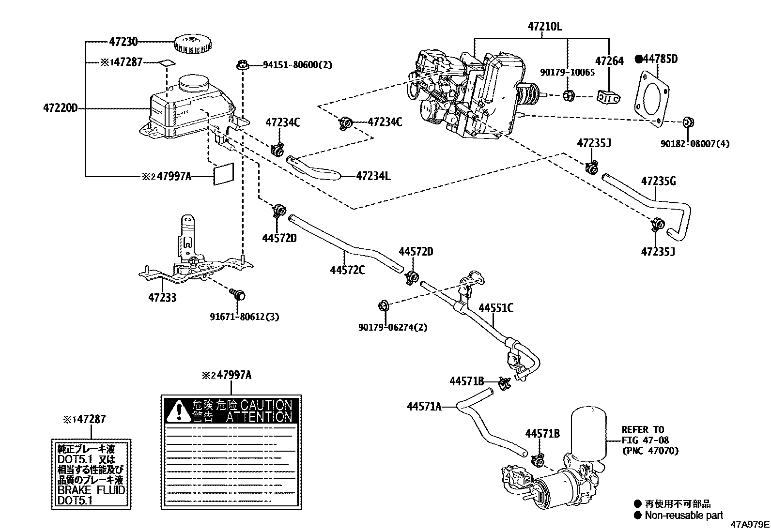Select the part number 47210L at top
[x=545, y=27]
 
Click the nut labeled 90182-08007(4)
[x=688, y=122]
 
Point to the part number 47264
[x=609, y=61]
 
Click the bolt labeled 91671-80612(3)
[x=239, y=293]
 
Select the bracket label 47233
[x=162, y=297]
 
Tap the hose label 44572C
[x=347, y=270]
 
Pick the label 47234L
[x=373, y=176]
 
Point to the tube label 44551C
[x=496, y=308]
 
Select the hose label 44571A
[x=424, y=406]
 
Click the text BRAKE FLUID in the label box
[x=91, y=490]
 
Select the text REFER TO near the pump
[x=643, y=429]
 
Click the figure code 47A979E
[x=750, y=524]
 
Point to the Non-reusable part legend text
[x=683, y=516]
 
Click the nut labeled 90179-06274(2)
[x=383, y=305]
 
